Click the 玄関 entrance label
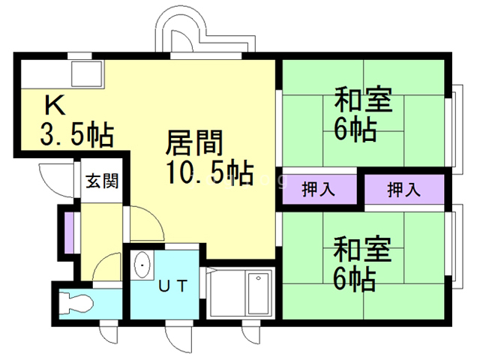pyautogui.click(x=100, y=181)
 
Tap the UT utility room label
pyautogui.click(x=171, y=285)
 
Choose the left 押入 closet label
pyautogui.click(x=318, y=189)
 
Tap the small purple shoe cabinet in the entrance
pyautogui.click(x=67, y=232)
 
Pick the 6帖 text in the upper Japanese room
pyautogui.click(x=355, y=130)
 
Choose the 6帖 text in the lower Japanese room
pyautogui.click(x=355, y=279)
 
